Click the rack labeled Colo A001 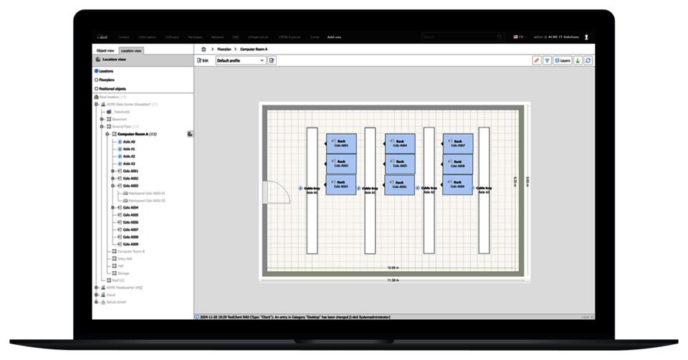[x=340, y=143]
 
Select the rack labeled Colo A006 [x=399, y=185]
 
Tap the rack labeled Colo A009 [x=457, y=185]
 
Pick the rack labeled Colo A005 [x=399, y=164]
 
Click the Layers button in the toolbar [x=562, y=61]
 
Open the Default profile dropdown [x=240, y=61]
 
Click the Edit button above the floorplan [x=203, y=61]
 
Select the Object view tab [x=105, y=51]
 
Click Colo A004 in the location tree [x=130, y=208]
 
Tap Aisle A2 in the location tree [x=129, y=156]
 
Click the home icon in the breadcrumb [x=204, y=49]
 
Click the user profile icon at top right [x=586, y=37]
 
